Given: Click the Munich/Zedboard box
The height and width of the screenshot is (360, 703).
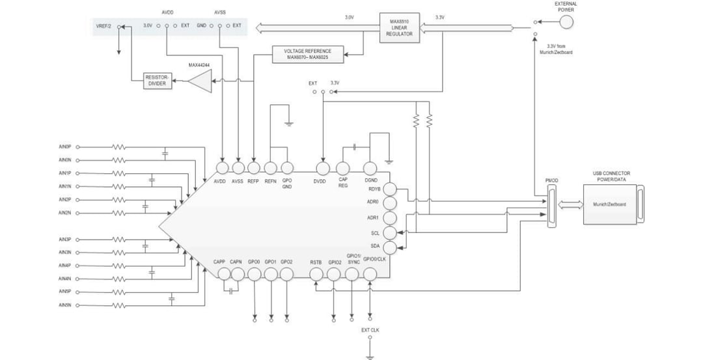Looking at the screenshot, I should (x=609, y=204).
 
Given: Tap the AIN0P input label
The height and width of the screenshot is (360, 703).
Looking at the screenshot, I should (x=64, y=146).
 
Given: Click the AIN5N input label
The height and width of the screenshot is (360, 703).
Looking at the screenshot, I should (x=64, y=305).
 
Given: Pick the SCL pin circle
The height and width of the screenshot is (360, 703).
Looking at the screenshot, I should (x=390, y=232).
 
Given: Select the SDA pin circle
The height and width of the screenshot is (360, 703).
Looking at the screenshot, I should (x=390, y=247).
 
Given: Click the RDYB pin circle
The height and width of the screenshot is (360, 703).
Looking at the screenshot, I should (x=390, y=189).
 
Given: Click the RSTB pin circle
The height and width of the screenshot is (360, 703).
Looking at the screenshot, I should (x=316, y=274).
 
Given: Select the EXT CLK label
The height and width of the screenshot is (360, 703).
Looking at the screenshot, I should (x=370, y=329).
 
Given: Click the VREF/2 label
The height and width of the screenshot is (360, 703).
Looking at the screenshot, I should (x=104, y=25).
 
